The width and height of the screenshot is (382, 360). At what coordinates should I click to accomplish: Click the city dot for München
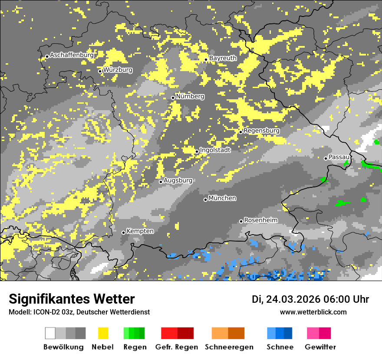click(x=206, y=200)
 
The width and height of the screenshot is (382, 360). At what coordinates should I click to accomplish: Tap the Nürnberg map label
click(x=190, y=96)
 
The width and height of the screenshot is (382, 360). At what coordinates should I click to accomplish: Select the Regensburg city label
click(x=261, y=131)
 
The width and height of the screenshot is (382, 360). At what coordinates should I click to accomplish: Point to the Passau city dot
click(x=326, y=158)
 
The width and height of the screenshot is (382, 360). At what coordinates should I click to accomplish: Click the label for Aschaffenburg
click(x=72, y=55)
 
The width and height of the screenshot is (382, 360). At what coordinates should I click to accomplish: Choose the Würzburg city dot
click(x=100, y=71)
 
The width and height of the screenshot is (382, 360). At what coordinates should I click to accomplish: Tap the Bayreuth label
click(x=223, y=58)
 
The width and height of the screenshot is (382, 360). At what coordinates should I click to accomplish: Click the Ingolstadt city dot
click(x=197, y=151)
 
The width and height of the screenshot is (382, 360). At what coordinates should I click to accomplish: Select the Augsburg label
click(x=178, y=180)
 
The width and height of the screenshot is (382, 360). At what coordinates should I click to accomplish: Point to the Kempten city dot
click(x=123, y=232)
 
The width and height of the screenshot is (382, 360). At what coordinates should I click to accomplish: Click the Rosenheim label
click(x=260, y=220)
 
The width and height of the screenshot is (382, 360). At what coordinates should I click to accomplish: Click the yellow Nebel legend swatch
click(x=103, y=333)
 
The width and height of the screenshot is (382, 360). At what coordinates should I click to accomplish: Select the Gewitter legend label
click(x=320, y=347)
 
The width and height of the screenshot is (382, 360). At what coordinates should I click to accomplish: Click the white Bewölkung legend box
click(x=50, y=333)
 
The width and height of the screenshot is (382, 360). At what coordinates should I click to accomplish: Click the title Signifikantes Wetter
click(x=72, y=299)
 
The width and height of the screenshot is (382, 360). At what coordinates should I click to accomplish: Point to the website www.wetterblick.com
click(x=313, y=312)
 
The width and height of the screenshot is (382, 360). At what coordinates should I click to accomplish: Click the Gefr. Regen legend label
click(x=177, y=347)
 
